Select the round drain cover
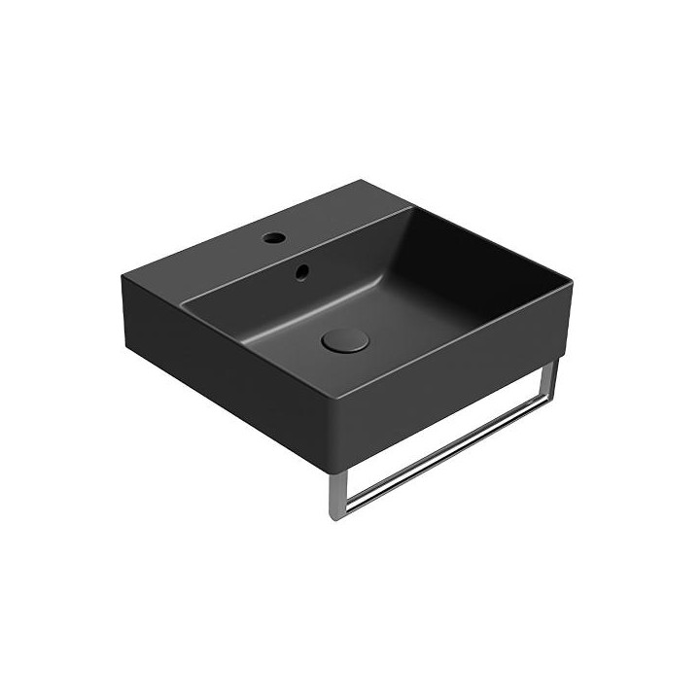[343, 339]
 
